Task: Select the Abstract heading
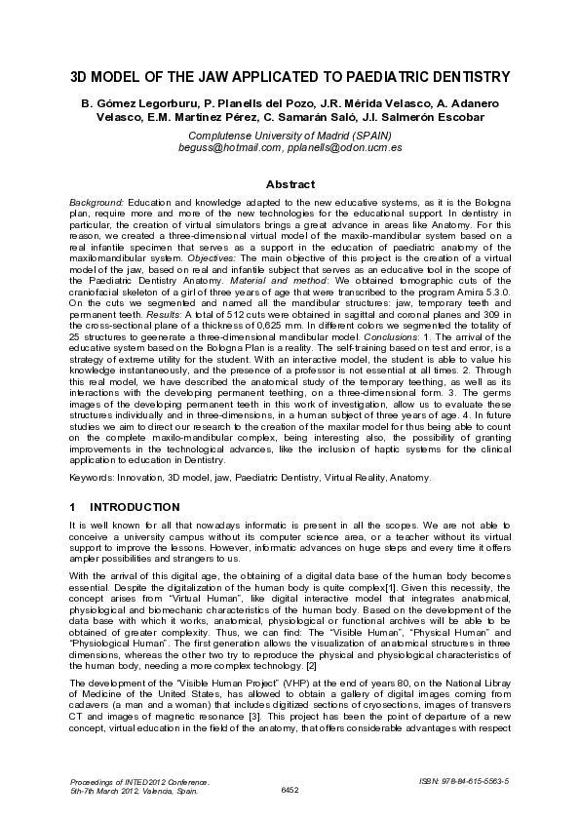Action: [290, 184]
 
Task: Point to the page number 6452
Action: [290, 787]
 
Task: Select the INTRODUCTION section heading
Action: [135, 507]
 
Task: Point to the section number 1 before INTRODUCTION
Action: [73, 507]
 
